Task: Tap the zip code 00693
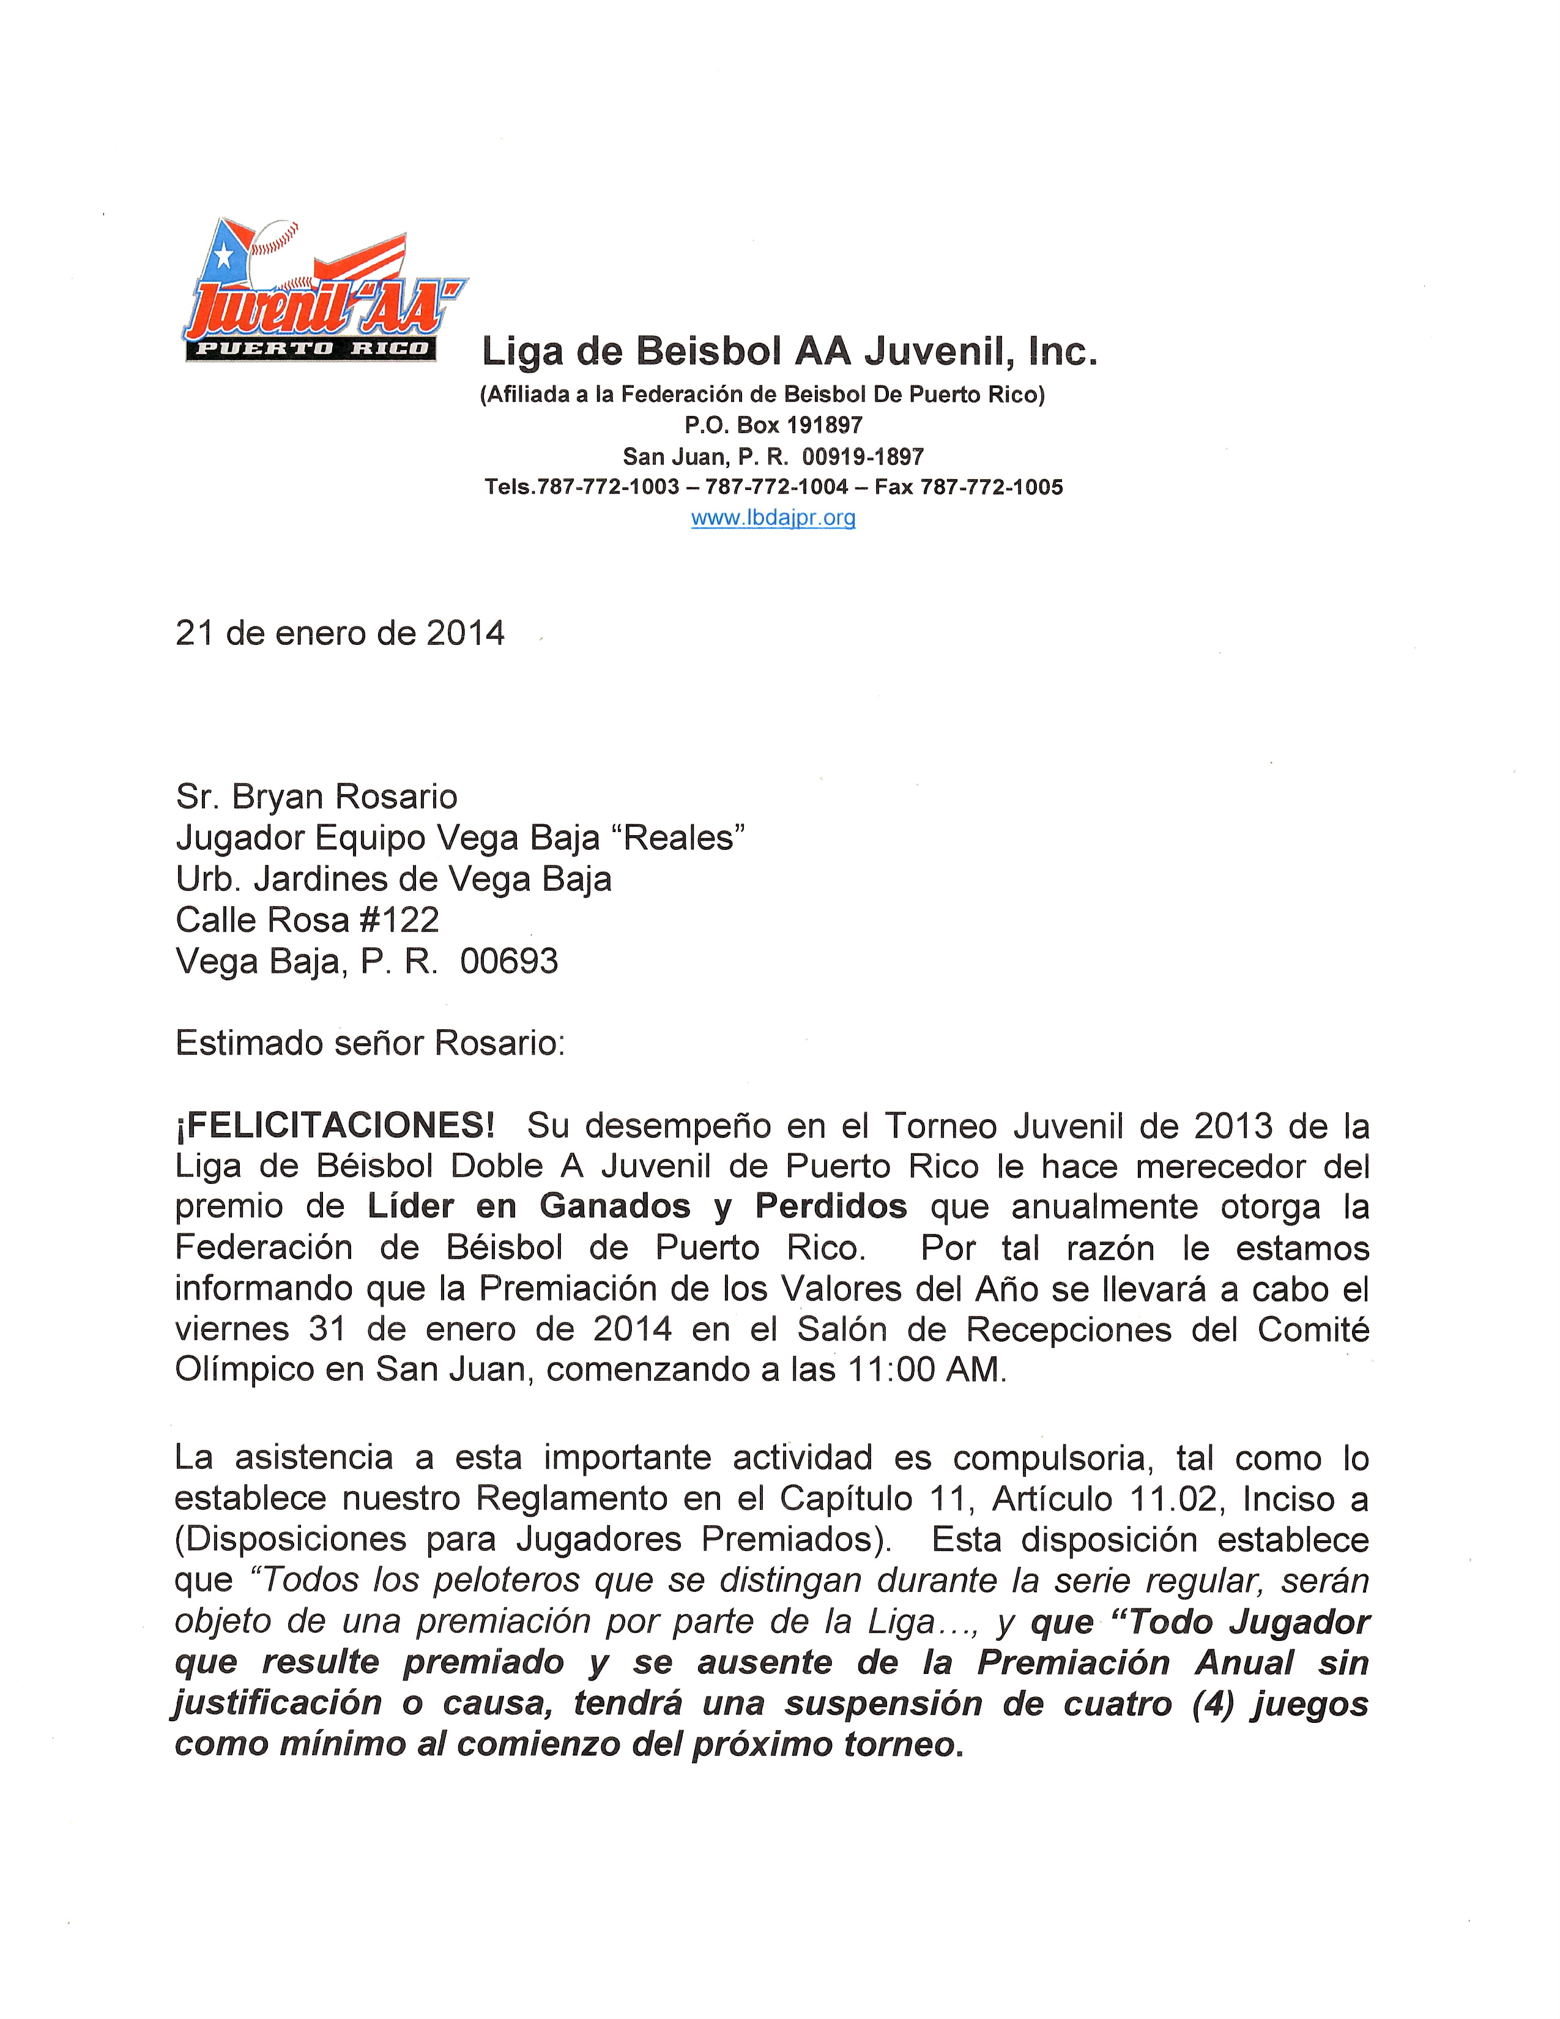pyautogui.click(x=509, y=961)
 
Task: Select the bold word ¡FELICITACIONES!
pyautogui.click(x=335, y=1125)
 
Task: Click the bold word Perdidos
pyautogui.click(x=831, y=1207)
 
